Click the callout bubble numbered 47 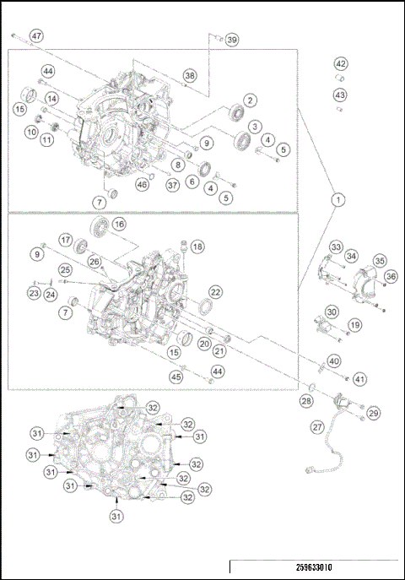(36, 36)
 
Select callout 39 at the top (231, 40)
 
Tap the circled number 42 (340, 64)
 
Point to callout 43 (340, 95)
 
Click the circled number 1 (338, 200)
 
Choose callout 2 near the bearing (251, 100)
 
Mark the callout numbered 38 (190, 76)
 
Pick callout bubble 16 (118, 225)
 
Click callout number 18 (197, 247)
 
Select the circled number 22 (215, 291)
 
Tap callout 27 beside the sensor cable (317, 427)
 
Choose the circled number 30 (332, 312)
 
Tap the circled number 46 (142, 184)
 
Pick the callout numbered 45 (176, 377)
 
